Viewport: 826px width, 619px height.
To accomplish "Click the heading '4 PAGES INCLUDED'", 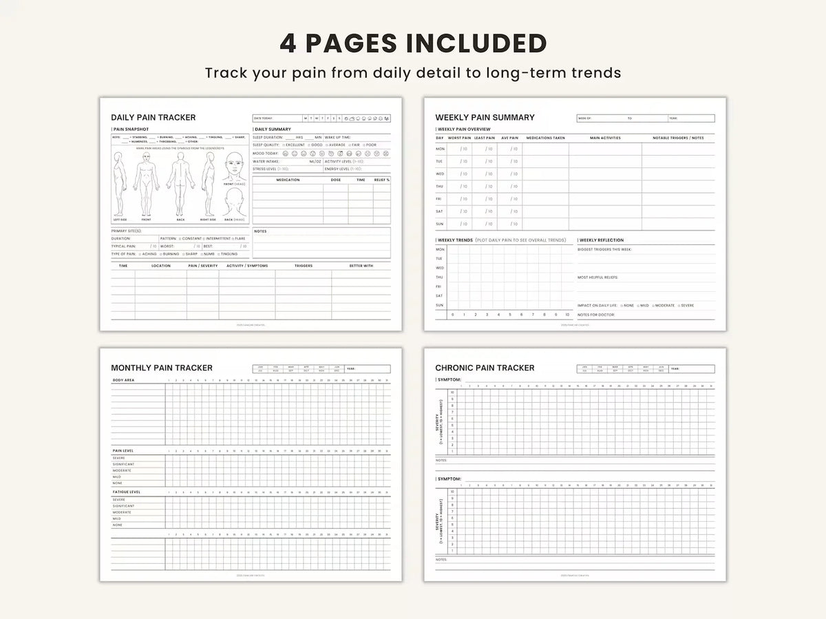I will click(413, 43).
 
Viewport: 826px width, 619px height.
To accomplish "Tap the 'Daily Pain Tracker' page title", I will click(153, 118).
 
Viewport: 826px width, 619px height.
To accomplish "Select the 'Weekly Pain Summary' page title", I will click(485, 118).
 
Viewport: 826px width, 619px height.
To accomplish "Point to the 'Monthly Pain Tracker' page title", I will click(162, 368).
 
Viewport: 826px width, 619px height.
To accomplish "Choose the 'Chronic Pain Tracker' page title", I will click(485, 368).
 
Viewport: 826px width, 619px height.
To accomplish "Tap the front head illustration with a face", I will click(234, 167).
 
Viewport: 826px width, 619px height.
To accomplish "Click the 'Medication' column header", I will click(288, 180).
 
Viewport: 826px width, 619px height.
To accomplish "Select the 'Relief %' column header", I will click(382, 180).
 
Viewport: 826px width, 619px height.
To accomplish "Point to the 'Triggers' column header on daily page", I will click(304, 265).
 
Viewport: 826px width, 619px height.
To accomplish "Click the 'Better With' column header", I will click(361, 265).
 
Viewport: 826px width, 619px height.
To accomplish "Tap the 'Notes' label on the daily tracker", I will click(260, 231).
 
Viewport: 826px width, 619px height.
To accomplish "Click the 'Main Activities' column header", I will click(605, 138).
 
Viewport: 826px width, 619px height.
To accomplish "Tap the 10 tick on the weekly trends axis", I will click(567, 315).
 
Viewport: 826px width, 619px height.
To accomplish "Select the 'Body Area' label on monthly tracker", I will click(123, 380).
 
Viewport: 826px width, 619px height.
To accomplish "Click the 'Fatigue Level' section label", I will click(126, 492).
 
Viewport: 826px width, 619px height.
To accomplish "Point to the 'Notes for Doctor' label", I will click(595, 315).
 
